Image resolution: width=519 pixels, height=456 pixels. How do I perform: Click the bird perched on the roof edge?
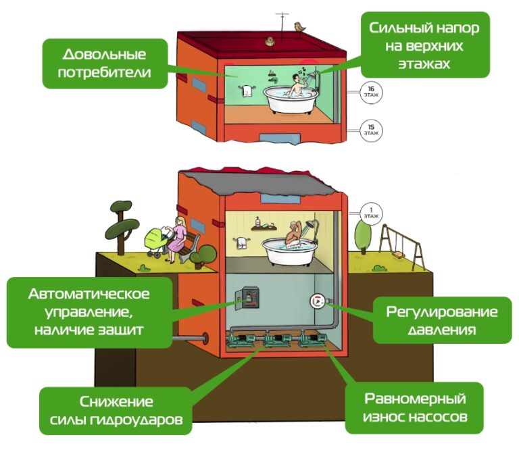coord(297,26)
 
